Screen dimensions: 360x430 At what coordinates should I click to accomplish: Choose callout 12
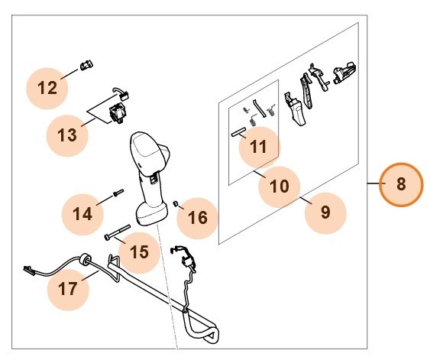point(47,88)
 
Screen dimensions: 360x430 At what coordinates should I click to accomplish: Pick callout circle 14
point(82,211)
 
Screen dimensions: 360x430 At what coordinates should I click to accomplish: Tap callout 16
point(197,218)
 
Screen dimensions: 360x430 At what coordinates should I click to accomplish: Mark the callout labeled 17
point(67,288)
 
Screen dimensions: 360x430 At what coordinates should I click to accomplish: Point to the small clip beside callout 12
point(86,66)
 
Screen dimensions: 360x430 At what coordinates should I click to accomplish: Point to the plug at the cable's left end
point(28,268)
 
